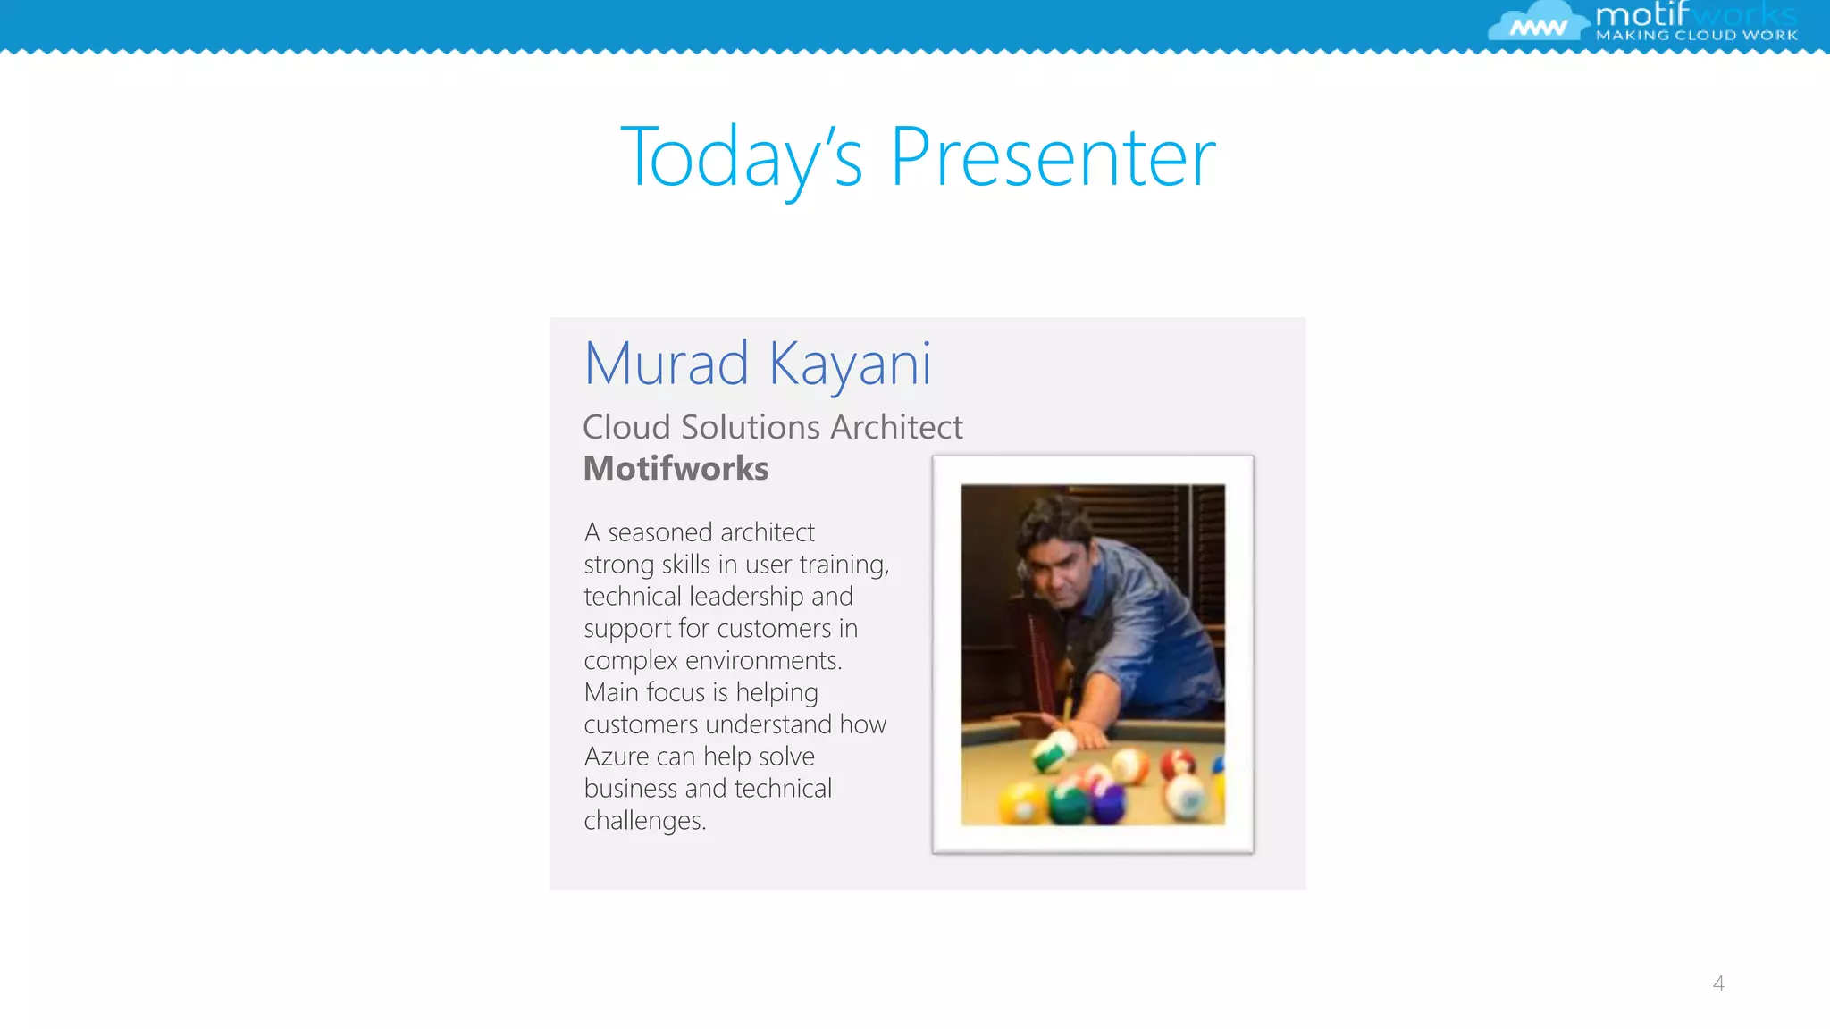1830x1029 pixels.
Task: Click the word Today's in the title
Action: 742,157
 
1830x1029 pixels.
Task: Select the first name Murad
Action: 666,364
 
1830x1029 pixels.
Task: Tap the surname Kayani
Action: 850,364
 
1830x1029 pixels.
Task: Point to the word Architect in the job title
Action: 896,427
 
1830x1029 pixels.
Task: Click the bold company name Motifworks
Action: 676,468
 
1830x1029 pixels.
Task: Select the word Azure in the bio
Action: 617,757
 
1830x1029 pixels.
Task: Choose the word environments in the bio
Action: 763,661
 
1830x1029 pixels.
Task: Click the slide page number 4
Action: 1717,983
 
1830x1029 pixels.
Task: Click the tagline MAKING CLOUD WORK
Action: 1696,36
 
